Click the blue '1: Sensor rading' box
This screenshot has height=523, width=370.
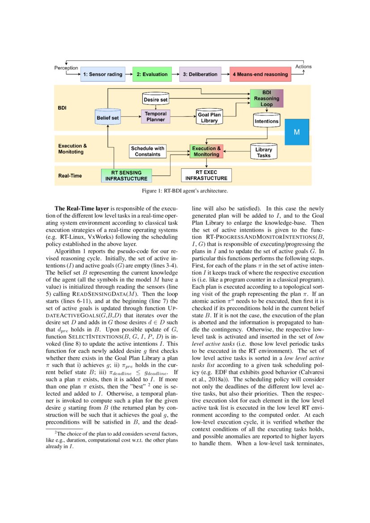tap(102, 74)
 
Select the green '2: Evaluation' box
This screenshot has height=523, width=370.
tap(152, 74)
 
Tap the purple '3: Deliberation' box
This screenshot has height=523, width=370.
tap(200, 74)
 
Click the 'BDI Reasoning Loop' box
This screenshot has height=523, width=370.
tap(267, 98)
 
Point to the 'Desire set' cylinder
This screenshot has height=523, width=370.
tap(155, 98)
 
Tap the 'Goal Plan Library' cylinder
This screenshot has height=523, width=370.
tap(209, 118)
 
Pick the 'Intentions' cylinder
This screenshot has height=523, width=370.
tap(267, 120)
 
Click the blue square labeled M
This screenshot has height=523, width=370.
tap(296, 132)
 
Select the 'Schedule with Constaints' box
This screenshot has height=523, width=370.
tap(148, 151)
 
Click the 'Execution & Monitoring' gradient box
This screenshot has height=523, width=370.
tap(206, 151)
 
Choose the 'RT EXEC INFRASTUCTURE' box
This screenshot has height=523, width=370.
tap(206, 175)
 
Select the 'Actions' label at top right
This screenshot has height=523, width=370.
tap(303, 67)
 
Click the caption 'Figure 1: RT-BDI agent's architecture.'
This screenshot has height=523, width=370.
tap(185, 191)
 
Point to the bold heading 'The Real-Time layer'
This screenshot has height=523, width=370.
tap(81, 208)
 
